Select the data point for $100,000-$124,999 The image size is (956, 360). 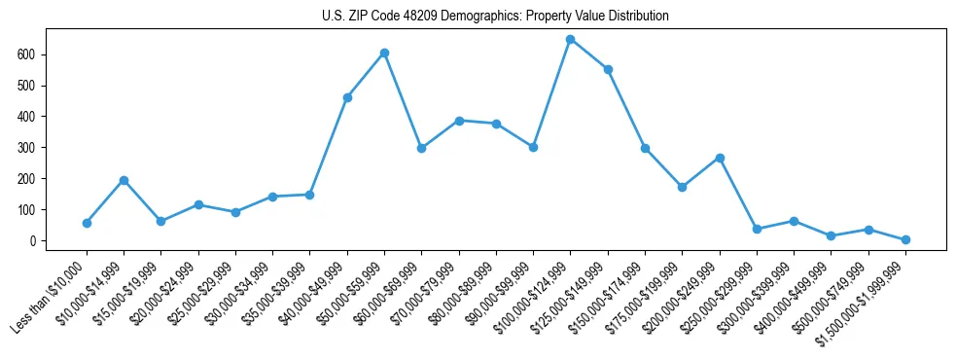pyautogui.click(x=570, y=40)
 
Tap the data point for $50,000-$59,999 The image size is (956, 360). pyautogui.click(x=384, y=53)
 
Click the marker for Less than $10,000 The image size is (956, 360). pyautogui.click(x=87, y=223)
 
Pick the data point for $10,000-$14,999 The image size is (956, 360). pyautogui.click(x=124, y=180)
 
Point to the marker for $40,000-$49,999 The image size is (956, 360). pyautogui.click(x=347, y=97)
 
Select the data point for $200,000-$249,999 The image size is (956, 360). pyautogui.click(x=719, y=158)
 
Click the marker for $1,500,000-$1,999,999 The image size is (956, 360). pyautogui.click(x=905, y=239)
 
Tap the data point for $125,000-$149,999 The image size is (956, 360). pyautogui.click(x=608, y=69)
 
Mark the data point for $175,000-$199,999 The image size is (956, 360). pyautogui.click(x=682, y=187)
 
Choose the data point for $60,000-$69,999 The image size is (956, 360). pyautogui.click(x=421, y=148)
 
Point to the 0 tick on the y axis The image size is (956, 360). pyautogui.click(x=33, y=240)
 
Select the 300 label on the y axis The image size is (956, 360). pyautogui.click(x=27, y=148)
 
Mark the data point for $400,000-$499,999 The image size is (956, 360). pyautogui.click(x=831, y=235)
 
